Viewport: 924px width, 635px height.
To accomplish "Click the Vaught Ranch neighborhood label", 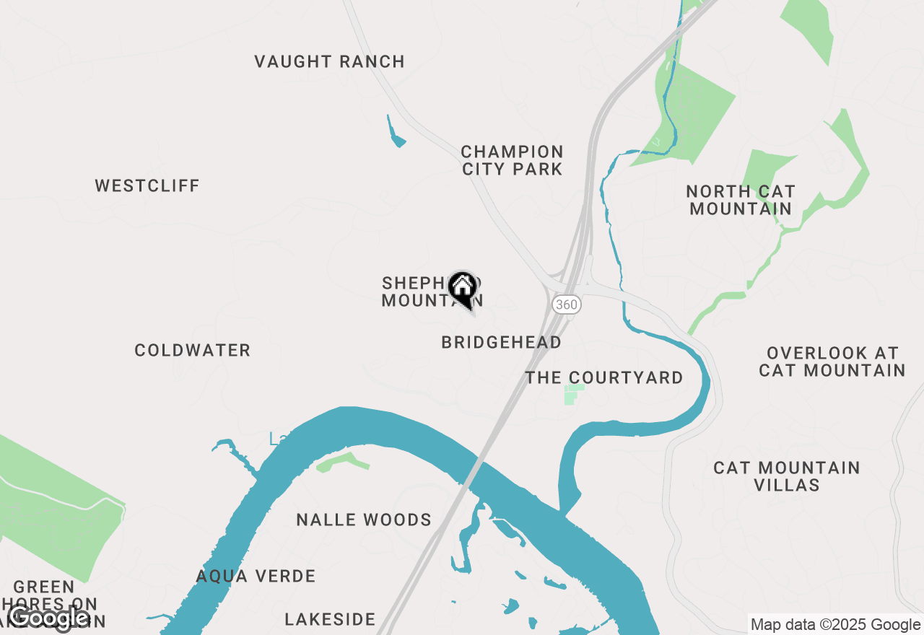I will [329, 62].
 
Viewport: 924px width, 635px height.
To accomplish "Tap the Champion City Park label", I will [512, 160].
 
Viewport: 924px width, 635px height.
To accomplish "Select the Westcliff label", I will [147, 186].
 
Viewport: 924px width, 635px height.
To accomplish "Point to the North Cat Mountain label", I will [740, 200].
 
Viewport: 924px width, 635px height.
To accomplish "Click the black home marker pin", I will [462, 289].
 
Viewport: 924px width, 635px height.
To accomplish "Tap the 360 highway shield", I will [567, 305].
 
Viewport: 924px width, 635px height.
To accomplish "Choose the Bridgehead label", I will [501, 343].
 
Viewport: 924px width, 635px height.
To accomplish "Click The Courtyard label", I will [604, 378].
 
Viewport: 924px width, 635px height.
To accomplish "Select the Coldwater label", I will [193, 351].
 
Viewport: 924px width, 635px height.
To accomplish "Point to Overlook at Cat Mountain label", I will [832, 362].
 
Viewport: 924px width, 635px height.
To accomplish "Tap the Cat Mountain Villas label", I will [787, 476].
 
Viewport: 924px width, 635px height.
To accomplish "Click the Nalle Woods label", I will [364, 520].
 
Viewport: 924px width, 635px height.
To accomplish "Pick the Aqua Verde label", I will [256, 576].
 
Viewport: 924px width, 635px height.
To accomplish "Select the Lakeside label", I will [330, 619].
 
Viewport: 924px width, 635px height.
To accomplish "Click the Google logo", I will [48, 618].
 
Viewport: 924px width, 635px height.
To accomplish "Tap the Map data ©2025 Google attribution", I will [835, 624].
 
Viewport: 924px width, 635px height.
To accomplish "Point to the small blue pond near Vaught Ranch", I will [396, 135].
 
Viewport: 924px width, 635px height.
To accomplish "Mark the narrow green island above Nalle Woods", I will [343, 461].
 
